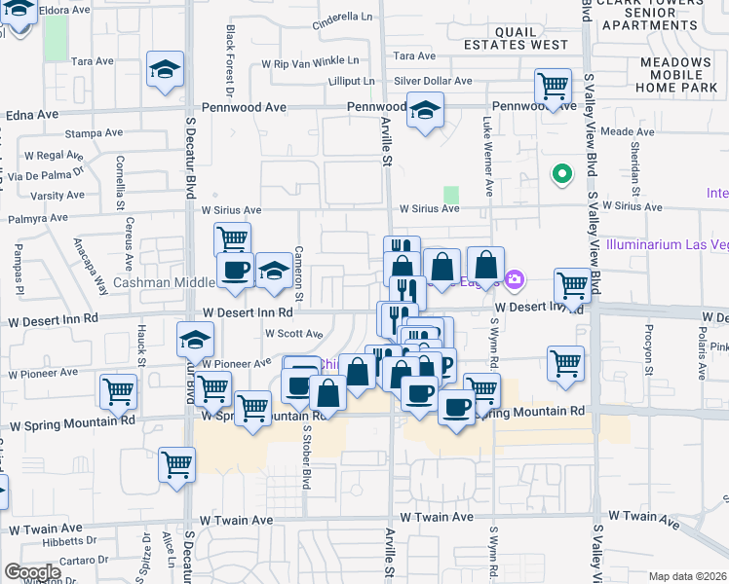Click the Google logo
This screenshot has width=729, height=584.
click(x=32, y=572)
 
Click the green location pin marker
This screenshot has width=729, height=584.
click(x=561, y=175)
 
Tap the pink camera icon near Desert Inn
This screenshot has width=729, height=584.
click(x=515, y=281)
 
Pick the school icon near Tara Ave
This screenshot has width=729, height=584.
click(x=165, y=69)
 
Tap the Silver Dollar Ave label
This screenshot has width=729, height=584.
click(x=433, y=82)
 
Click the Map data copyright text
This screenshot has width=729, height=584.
click(x=688, y=576)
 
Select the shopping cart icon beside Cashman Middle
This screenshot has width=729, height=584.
click(x=231, y=238)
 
